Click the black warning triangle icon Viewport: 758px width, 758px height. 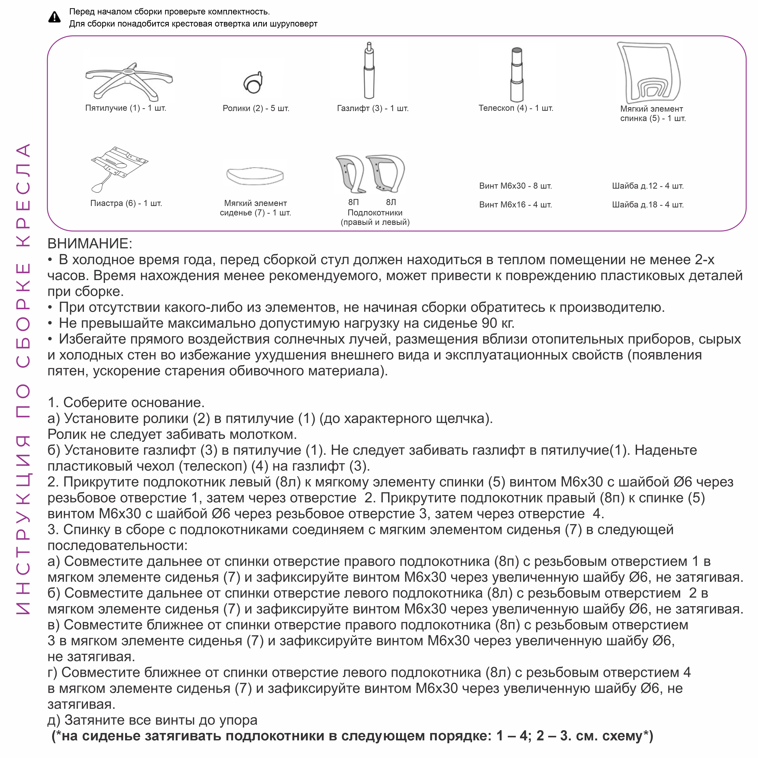[x=55, y=17]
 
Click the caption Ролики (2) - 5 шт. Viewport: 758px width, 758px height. [x=256, y=108]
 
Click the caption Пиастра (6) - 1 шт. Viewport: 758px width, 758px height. [x=126, y=203]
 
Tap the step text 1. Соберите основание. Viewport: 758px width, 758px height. [x=126, y=402]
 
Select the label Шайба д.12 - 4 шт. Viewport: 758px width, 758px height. [x=648, y=186]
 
